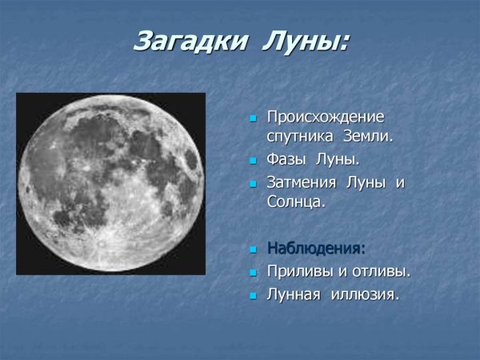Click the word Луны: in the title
point(306,41)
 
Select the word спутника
point(297,136)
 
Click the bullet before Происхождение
point(253,118)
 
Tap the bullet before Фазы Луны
point(253,160)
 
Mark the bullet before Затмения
point(253,183)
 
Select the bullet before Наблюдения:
point(253,249)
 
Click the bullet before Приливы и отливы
point(253,272)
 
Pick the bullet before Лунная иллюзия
point(253,295)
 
